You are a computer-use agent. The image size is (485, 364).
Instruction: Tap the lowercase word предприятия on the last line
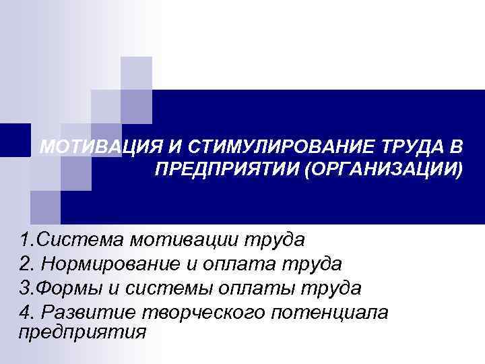(82, 332)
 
